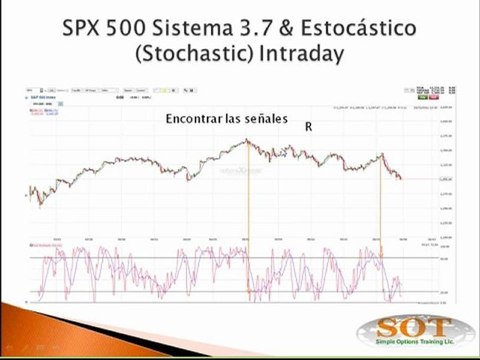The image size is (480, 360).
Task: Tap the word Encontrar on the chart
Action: [x=197, y=119]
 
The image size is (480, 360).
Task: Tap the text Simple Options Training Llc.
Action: [x=417, y=347]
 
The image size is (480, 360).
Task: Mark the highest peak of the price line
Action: [x=247, y=140]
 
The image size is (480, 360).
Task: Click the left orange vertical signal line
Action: [x=248, y=220]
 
